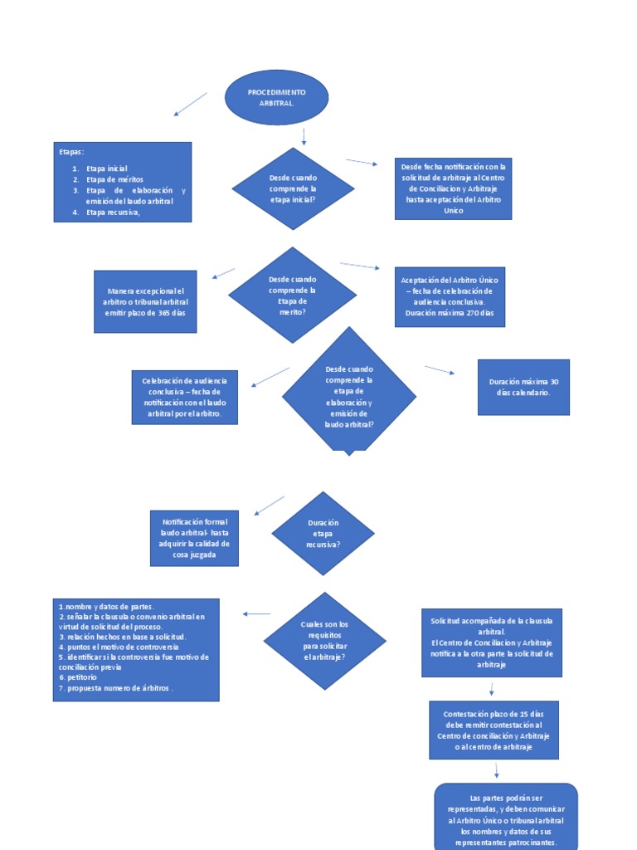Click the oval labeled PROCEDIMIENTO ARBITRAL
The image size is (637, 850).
pyautogui.click(x=276, y=97)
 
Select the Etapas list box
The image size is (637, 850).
pyautogui.click(x=122, y=182)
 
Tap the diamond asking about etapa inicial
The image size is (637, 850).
pyautogui.click(x=293, y=188)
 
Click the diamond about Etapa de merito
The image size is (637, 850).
pyautogui.click(x=292, y=295)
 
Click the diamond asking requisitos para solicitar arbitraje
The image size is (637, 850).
pyautogui.click(x=324, y=640)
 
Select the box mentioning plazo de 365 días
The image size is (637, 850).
pyautogui.click(x=145, y=301)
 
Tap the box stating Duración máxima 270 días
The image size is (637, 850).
pyautogui.click(x=449, y=297)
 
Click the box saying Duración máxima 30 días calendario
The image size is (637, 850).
pyautogui.click(x=523, y=387)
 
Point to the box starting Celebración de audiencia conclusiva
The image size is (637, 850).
pyautogui.click(x=184, y=397)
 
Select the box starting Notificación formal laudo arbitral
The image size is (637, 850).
pyautogui.click(x=194, y=538)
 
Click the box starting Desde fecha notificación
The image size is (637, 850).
pyautogui.click(x=453, y=188)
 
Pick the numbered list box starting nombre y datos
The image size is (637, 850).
pyautogui.click(x=136, y=649)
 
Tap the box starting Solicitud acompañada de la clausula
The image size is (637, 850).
pyautogui.click(x=491, y=642)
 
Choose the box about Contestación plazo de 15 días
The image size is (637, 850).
pyautogui.click(x=494, y=730)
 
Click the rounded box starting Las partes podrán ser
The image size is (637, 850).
pyautogui.click(x=506, y=818)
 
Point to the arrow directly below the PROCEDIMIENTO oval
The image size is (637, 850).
pyautogui.click(x=304, y=136)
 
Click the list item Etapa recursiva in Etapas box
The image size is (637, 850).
pyautogui.click(x=113, y=212)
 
